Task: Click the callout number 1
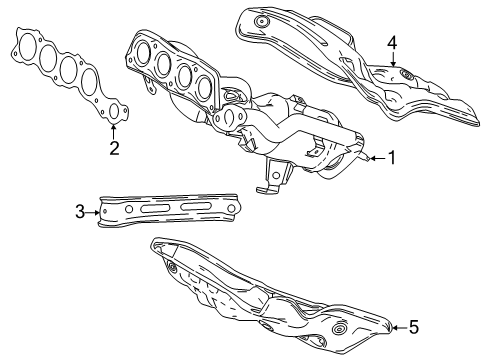[393, 157]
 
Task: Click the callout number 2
[114, 150]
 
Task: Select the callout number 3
[80, 211]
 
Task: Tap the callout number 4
[393, 42]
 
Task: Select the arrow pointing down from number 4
[393, 62]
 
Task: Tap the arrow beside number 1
[374, 157]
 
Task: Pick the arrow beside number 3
[95, 211]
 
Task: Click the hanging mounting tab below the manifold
[265, 186]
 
